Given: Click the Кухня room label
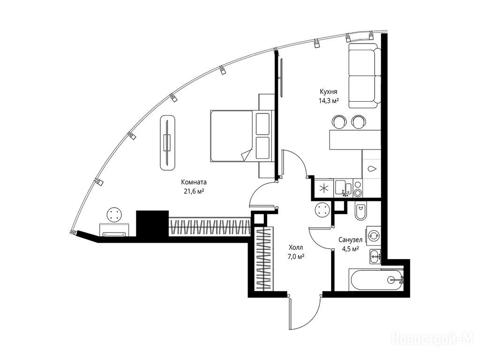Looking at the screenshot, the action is [329, 91].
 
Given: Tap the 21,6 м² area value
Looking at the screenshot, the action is [194, 192].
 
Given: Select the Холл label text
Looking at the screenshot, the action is [295, 247].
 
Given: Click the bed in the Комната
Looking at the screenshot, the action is [240, 135].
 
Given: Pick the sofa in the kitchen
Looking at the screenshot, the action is [365, 75].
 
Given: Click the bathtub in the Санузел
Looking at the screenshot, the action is [376, 280].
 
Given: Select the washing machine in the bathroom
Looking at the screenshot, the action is [374, 235].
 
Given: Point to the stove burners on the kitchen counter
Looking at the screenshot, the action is [357, 188].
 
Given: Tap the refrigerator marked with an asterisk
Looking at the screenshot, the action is [323, 188].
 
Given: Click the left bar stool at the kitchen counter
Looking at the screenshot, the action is [339, 121].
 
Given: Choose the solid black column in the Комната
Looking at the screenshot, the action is [152, 224].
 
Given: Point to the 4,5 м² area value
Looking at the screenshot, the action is [351, 249].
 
